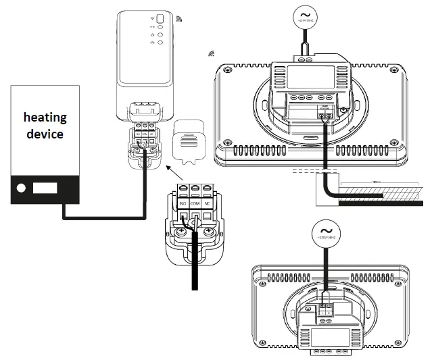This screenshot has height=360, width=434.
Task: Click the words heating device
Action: point(45,125)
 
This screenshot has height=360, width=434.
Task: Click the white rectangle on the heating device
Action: point(45,185)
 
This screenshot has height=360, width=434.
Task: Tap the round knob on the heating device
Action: point(22,185)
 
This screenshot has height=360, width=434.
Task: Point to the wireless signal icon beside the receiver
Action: point(179,20)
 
